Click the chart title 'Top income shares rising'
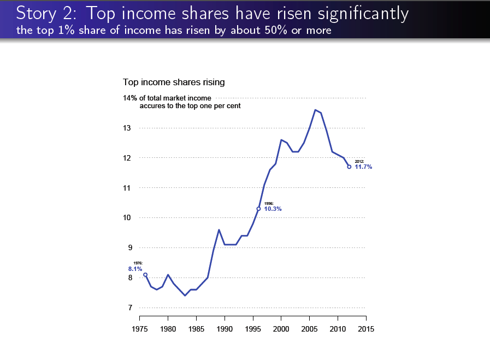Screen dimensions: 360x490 (x=174, y=82)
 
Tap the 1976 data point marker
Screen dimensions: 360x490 (x=145, y=275)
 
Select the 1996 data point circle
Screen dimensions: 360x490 (x=258, y=209)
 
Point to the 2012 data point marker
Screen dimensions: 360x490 (x=349, y=167)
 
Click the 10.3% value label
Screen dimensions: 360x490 (x=273, y=209)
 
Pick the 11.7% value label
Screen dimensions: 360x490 (x=363, y=167)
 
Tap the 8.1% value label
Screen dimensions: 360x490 (x=135, y=269)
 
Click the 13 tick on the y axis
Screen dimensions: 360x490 (x=127, y=128)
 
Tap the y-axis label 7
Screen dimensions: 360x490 (x=129, y=308)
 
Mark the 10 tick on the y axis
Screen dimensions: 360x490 (x=127, y=218)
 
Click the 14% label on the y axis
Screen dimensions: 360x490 (x=130, y=98)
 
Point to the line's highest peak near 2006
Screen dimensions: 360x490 (x=315, y=110)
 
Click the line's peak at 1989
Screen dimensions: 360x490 (x=219, y=230)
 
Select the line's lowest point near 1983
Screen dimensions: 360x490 (x=185, y=296)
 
